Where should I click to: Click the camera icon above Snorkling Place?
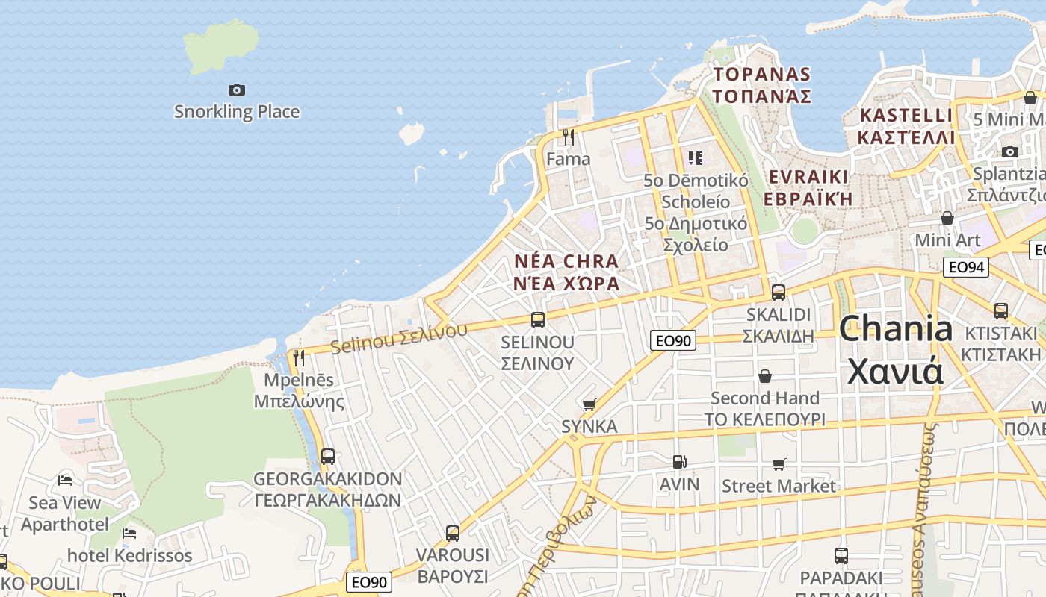[237, 90]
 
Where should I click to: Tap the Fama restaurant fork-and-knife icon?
[569, 137]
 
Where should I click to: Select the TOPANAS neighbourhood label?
[761, 85]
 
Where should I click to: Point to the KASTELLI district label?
[906, 126]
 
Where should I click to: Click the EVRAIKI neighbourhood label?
[807, 187]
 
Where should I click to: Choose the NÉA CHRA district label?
[567, 272]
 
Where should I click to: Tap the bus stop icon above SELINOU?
[538, 320]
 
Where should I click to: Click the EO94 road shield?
[965, 267]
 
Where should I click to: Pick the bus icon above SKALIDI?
[778, 292]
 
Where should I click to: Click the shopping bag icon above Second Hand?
[764, 375]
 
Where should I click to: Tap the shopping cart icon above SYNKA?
[589, 404]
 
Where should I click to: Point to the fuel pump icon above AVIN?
[679, 462]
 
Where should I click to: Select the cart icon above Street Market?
[779, 464]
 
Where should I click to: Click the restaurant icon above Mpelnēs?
[299, 358]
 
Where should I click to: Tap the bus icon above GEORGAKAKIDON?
[327, 456]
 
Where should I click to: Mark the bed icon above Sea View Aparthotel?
[65, 480]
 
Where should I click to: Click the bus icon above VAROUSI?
[452, 533]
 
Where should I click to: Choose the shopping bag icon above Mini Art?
[947, 218]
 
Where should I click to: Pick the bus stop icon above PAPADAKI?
[841, 555]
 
